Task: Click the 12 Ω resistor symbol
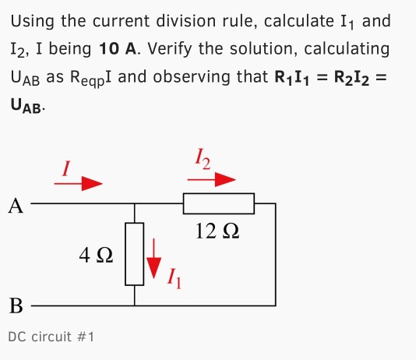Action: point(218,203)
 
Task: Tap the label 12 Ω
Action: point(218,231)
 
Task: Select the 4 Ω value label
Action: point(97,254)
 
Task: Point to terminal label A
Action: point(15,206)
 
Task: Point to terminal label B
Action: point(15,305)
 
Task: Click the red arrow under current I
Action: point(78,184)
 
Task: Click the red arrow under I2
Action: point(211,180)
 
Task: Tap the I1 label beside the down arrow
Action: point(175,276)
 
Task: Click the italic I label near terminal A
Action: point(67,166)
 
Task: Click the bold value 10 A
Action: point(118,49)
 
